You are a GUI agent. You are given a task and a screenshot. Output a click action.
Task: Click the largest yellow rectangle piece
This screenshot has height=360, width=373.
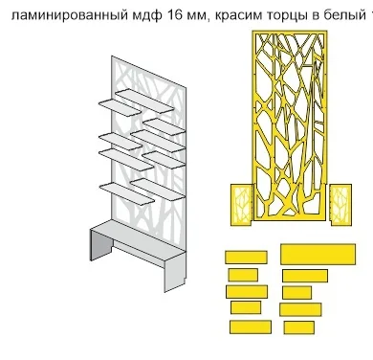[318, 254]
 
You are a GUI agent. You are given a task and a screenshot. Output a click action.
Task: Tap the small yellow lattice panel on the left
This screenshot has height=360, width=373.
[241, 205]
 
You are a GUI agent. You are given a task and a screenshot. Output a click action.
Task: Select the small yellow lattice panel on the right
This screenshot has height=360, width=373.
[340, 205]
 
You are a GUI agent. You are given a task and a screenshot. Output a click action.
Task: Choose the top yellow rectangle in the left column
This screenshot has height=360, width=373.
[246, 258]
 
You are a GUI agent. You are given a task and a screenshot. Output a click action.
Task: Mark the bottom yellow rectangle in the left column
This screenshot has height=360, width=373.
[251, 327]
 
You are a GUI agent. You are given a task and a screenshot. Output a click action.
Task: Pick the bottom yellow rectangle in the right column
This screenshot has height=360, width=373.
[299, 327]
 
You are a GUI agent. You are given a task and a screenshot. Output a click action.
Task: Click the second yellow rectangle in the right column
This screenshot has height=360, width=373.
[305, 276]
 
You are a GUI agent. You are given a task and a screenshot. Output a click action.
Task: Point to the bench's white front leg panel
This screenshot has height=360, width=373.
[175, 272]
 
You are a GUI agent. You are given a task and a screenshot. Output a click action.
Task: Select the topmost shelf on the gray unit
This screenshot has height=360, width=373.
[144, 101]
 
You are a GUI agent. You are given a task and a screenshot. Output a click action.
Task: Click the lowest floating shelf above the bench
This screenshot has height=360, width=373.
[127, 193]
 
